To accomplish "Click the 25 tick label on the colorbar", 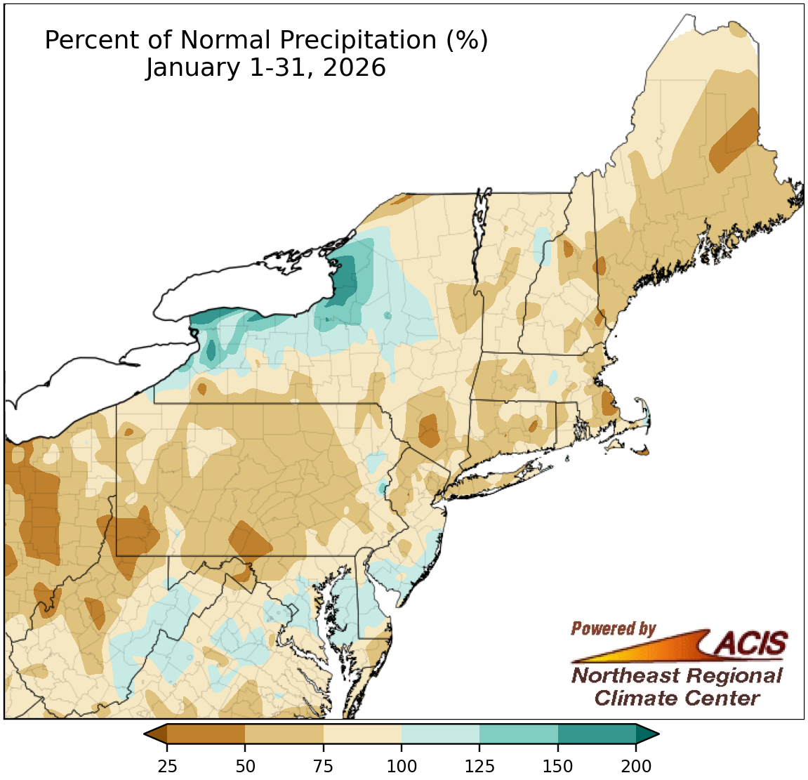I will coord(167,766).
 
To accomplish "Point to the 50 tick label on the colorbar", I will coord(245,766).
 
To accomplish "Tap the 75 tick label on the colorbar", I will coord(324,766).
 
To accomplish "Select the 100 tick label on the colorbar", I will coord(402,766).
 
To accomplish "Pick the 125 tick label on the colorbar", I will coord(480,766).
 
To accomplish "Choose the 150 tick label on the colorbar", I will coord(558,766).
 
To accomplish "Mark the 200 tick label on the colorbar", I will coord(636,766).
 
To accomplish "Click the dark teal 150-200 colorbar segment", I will coord(597,734).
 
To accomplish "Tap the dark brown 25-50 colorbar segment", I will coord(206,734).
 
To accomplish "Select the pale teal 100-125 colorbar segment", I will coord(441,734).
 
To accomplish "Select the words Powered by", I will coord(613,628).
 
